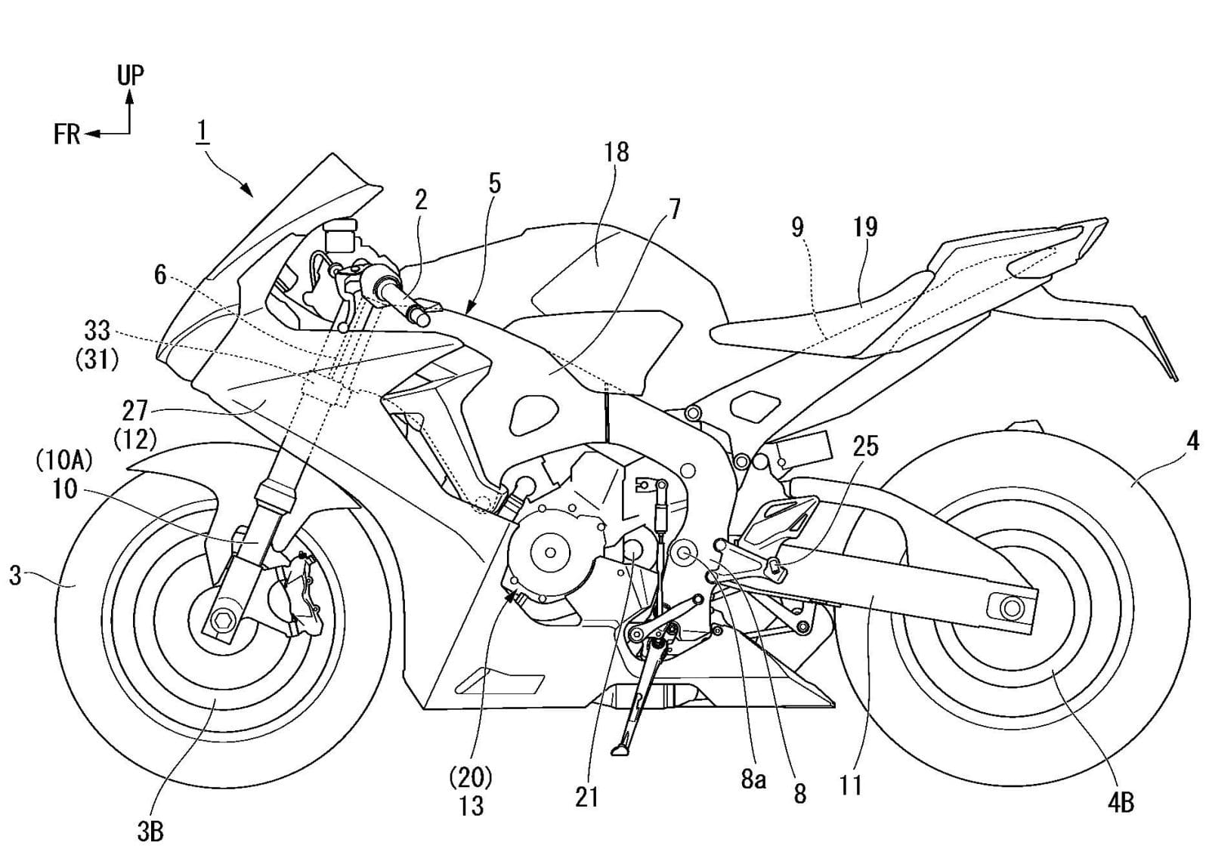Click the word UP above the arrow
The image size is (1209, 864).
(130, 75)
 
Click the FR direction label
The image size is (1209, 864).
(66, 134)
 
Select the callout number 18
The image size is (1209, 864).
(616, 152)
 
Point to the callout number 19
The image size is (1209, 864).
(865, 227)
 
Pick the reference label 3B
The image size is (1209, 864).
(150, 832)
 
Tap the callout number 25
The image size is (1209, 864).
(865, 446)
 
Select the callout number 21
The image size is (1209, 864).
(586, 797)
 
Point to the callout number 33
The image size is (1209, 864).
(97, 331)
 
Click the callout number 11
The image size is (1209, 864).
(850, 785)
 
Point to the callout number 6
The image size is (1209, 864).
(159, 276)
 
